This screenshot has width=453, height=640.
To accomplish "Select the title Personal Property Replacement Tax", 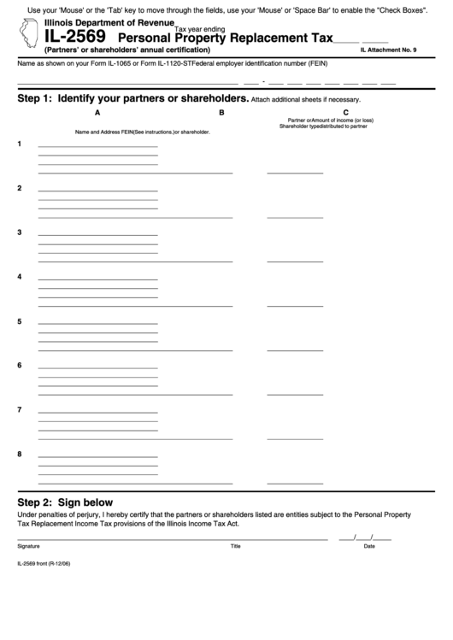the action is [x=225, y=38].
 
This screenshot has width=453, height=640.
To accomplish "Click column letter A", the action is [x=97, y=112].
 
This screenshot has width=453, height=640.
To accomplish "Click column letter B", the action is [x=221, y=112].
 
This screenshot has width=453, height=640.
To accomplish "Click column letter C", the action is [x=345, y=112].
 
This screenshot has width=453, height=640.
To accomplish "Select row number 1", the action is [x=20, y=144].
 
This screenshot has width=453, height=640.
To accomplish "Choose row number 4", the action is [x=20, y=277].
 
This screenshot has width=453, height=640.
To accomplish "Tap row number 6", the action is [x=20, y=366].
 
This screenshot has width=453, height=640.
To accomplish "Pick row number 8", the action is [x=20, y=454].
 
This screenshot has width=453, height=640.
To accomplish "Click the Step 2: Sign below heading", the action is [x=65, y=502].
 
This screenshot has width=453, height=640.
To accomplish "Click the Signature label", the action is [x=28, y=545].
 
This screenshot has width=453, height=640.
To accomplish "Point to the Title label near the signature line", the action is [x=235, y=545].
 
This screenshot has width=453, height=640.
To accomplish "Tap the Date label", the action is [x=369, y=545].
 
